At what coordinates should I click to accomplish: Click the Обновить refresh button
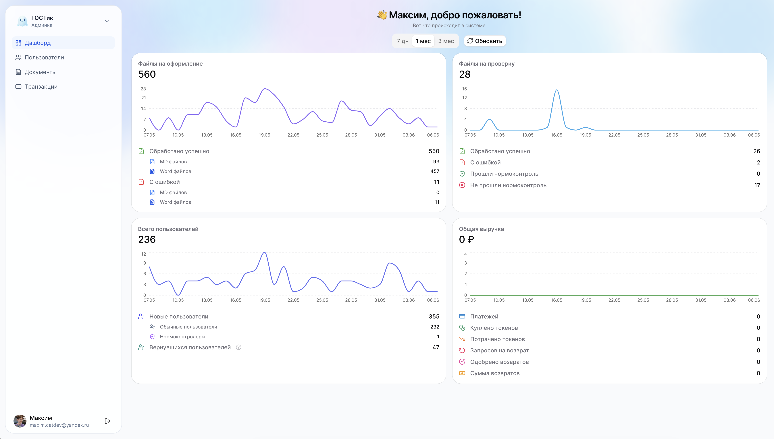click(485, 41)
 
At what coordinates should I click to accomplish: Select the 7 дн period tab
click(403, 41)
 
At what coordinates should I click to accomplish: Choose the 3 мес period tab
click(446, 41)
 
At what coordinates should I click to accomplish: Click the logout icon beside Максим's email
click(107, 421)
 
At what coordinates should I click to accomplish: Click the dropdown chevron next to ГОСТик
click(107, 21)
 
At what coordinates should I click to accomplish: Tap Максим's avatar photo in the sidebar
click(20, 421)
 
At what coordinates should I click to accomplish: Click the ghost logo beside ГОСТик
click(22, 21)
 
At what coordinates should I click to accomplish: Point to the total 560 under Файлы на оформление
click(147, 74)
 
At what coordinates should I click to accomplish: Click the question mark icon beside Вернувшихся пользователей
click(238, 347)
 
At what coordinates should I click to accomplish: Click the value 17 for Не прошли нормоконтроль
click(757, 185)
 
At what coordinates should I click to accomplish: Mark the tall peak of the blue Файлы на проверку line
click(557, 90)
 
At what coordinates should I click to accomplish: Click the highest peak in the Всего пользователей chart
click(264, 252)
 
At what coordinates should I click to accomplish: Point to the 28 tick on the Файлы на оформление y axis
click(143, 89)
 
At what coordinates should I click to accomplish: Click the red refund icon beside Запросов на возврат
click(462, 350)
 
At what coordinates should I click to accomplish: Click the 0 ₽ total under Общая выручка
click(467, 239)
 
